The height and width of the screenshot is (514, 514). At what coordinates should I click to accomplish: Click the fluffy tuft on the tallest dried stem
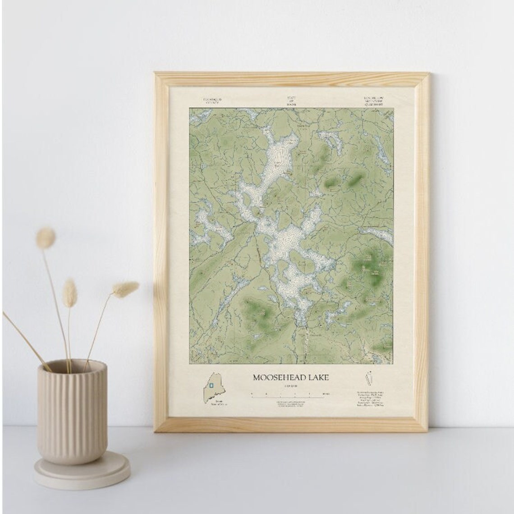coord(46,238)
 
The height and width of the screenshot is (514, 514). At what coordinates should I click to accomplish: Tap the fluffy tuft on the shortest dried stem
coord(69,293)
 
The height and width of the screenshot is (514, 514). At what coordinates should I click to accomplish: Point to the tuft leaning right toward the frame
coord(125,289)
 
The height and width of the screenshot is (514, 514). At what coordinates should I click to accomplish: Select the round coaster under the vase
coord(81,471)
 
